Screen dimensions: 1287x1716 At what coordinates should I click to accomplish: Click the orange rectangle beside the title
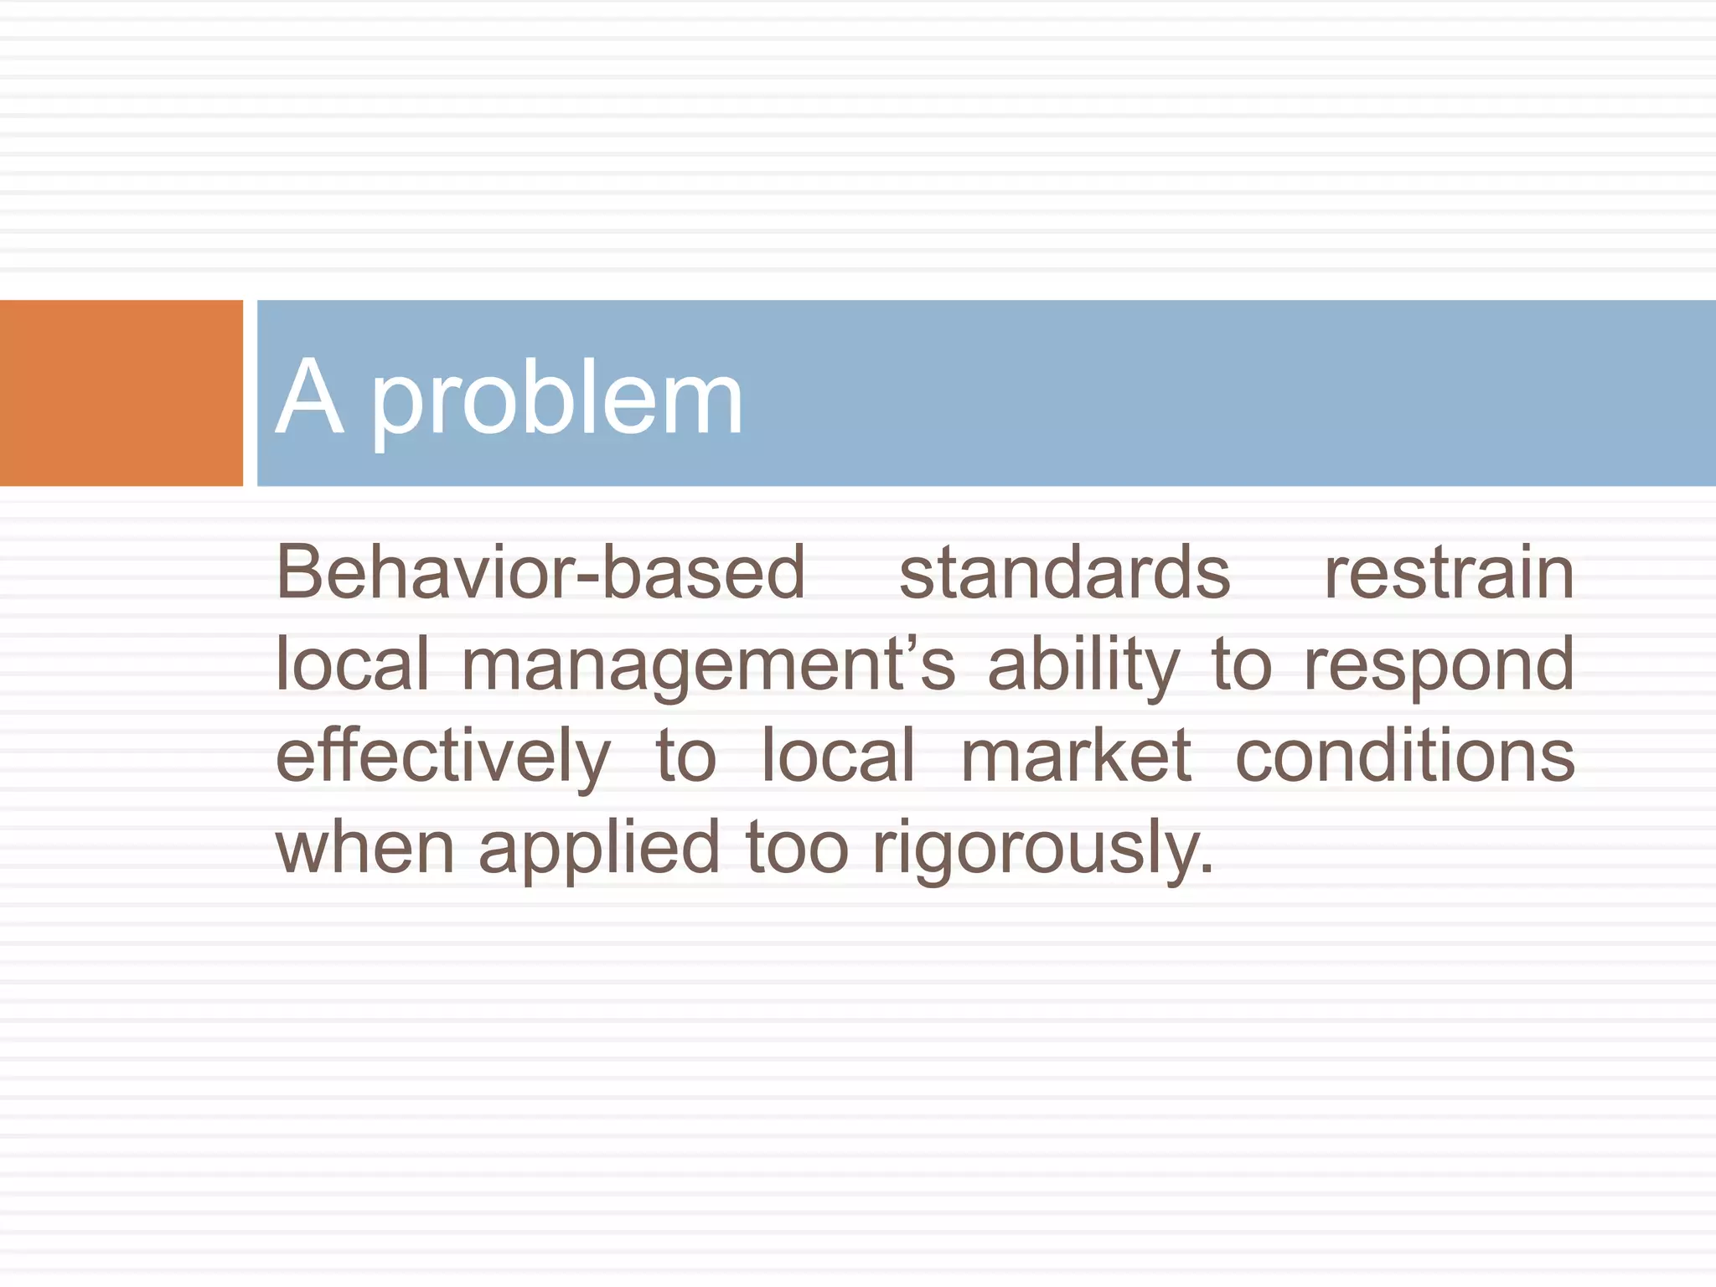pos(121,393)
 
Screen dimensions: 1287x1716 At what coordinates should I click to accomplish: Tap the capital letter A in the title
pos(309,397)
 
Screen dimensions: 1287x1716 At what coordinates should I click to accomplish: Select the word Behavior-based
pos(540,573)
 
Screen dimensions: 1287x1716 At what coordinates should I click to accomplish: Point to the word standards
pos(1064,573)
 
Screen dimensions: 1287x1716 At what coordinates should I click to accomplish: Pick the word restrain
pos(1449,573)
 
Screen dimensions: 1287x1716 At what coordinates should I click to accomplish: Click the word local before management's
pos(352,664)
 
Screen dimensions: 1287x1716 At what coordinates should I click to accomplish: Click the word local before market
pos(837,756)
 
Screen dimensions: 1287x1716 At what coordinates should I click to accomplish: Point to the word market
pos(1076,756)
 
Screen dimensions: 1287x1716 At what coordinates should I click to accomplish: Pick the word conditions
pos(1405,756)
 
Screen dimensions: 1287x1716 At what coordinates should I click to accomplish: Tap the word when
pos(364,848)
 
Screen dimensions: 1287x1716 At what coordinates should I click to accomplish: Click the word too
pos(797,848)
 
